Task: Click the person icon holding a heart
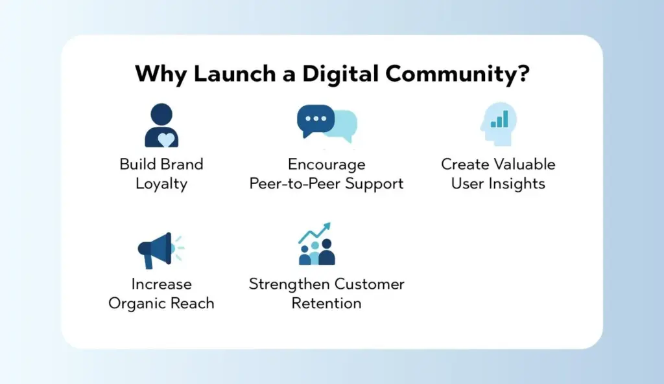161,126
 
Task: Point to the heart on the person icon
166,139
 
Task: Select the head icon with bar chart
497,124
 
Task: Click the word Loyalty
161,184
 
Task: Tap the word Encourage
326,164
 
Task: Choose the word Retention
326,303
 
